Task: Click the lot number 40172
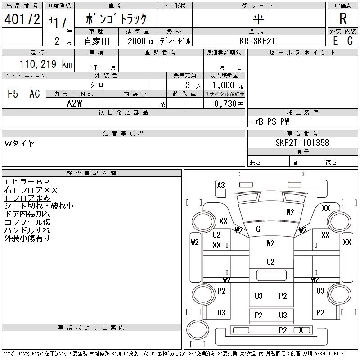pyautogui.click(x=22, y=19)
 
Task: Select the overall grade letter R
pyautogui.click(x=343, y=18)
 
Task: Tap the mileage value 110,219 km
pyautogui.click(x=46, y=64)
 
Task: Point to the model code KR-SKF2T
pyautogui.click(x=257, y=41)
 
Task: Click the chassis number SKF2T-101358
pyautogui.click(x=302, y=143)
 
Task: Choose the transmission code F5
pyautogui.click(x=13, y=94)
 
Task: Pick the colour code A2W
pyautogui.click(x=74, y=103)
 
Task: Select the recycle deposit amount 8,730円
pyautogui.click(x=229, y=103)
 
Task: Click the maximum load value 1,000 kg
pyautogui.click(x=228, y=85)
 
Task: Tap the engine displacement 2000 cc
pyautogui.click(x=141, y=41)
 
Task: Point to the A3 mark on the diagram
pyautogui.click(x=221, y=185)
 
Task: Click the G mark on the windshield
pyautogui.click(x=258, y=229)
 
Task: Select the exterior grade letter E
pyautogui.click(x=335, y=40)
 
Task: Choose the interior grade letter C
pyautogui.click(x=350, y=40)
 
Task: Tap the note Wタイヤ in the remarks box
pyautogui.click(x=20, y=144)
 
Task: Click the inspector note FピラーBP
pyautogui.click(x=27, y=182)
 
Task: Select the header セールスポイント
pyautogui.click(x=302, y=53)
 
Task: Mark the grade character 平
pyautogui.click(x=258, y=18)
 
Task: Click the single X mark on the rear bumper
pyautogui.click(x=301, y=330)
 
